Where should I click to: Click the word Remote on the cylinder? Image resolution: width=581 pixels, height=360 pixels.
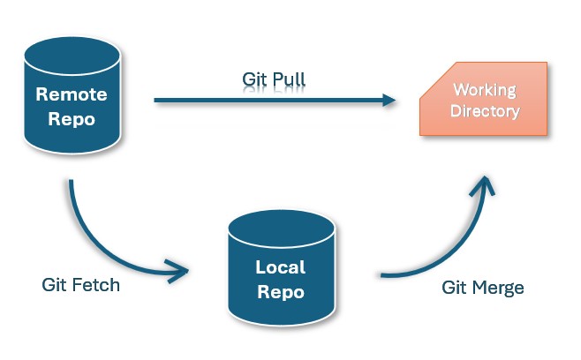(72, 94)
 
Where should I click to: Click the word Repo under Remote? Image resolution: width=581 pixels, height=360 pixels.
(72, 119)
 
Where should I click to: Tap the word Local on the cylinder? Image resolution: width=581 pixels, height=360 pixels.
(281, 267)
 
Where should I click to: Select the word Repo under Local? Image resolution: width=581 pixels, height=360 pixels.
(281, 292)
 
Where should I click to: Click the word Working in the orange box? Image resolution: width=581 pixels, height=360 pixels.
(485, 90)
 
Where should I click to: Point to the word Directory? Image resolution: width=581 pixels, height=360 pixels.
(485, 111)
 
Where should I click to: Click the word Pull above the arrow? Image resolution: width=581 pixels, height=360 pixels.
(289, 79)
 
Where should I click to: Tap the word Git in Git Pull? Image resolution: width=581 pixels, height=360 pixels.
(255, 79)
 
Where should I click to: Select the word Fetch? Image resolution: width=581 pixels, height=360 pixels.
(95, 285)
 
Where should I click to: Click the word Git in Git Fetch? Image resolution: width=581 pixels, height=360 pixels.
(54, 285)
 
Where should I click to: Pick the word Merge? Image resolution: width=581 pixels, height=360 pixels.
(498, 288)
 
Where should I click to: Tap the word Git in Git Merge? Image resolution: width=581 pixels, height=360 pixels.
(454, 288)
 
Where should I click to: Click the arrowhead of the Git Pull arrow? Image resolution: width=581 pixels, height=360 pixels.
(389, 100)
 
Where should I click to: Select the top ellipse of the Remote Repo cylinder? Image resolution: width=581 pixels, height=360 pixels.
(72, 56)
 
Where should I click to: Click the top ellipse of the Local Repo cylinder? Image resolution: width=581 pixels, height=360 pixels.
(282, 229)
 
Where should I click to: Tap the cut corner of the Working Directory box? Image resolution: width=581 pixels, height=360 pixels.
(438, 80)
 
